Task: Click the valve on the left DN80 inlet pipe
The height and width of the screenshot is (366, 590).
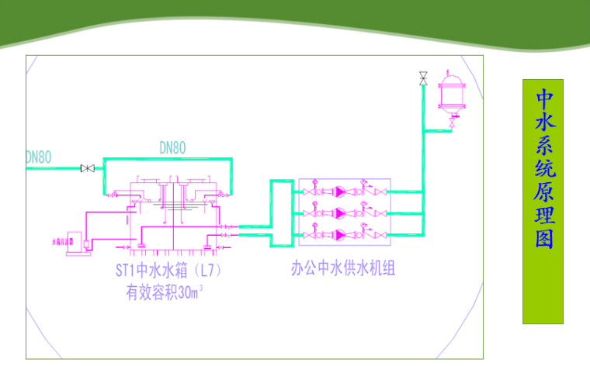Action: [x=88, y=168]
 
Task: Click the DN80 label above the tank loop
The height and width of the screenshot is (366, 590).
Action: [x=172, y=147]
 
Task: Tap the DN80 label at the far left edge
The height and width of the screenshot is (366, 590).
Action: [x=39, y=157]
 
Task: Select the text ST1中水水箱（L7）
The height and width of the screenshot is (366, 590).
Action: [x=165, y=272]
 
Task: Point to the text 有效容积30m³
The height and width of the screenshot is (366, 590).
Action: [x=165, y=293]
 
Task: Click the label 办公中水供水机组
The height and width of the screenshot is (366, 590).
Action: [x=343, y=269]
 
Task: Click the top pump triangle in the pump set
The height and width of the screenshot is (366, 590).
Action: [x=340, y=191]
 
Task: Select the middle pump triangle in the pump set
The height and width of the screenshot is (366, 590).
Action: [x=340, y=212]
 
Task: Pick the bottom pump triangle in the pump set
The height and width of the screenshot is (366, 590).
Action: [x=340, y=233]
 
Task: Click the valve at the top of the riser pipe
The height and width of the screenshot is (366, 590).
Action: [x=423, y=78]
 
